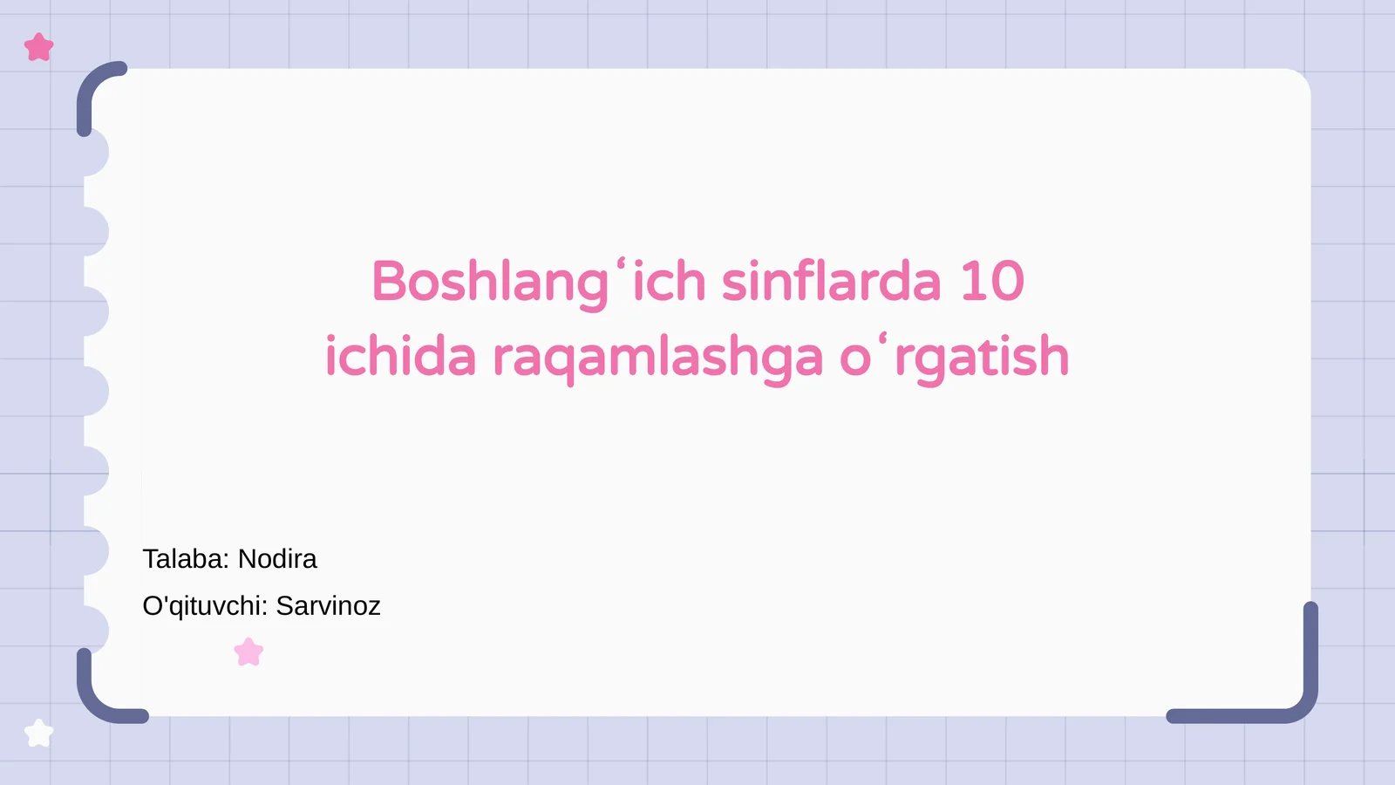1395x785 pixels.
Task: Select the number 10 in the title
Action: click(992, 282)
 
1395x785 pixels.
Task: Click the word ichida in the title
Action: click(400, 357)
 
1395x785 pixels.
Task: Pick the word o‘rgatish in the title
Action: click(954, 357)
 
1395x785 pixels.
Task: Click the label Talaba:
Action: click(186, 559)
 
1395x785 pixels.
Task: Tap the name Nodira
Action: click(277, 559)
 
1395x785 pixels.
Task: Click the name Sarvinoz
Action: click(328, 606)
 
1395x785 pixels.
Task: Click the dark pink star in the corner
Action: click(39, 47)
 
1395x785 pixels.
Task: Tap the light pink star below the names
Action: click(248, 652)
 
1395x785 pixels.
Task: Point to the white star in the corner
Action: click(38, 733)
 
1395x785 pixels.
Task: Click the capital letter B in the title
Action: click(390, 282)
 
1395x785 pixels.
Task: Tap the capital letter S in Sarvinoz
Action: click(284, 606)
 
